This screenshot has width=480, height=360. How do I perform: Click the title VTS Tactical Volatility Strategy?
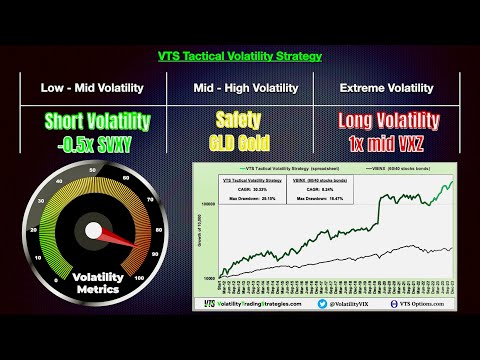[240, 56]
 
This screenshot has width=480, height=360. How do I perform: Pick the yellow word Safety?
[238, 120]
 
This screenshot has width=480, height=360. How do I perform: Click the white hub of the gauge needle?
[93, 231]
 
